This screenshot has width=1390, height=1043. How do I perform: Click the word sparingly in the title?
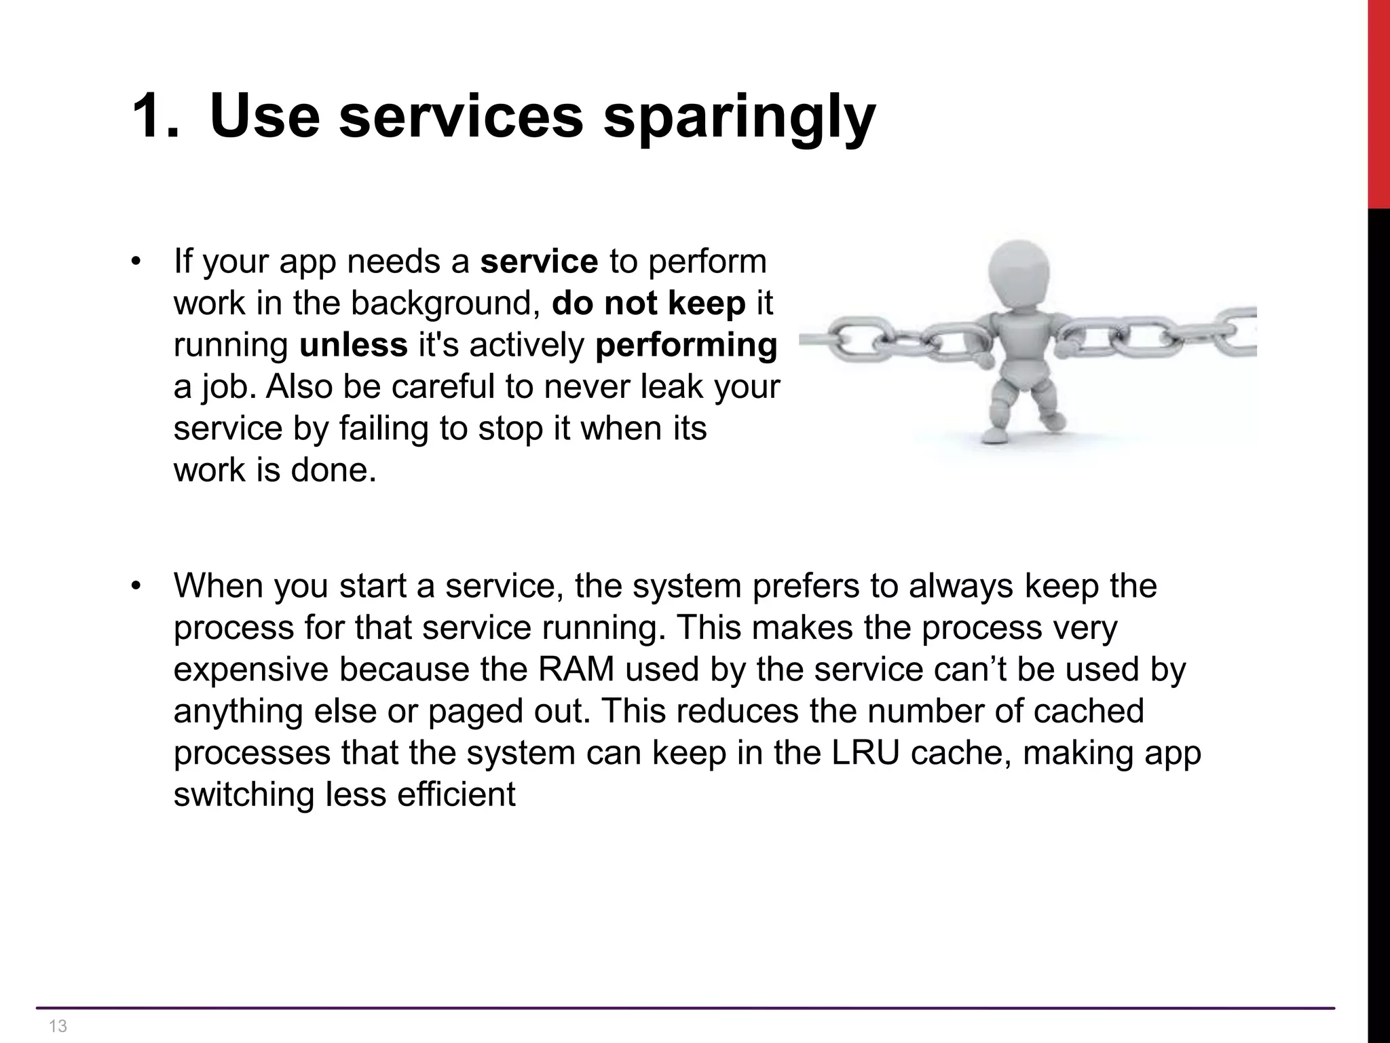coord(739,117)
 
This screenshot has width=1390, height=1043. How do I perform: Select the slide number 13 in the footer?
coord(58,1025)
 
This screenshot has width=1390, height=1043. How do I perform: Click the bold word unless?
coord(353,345)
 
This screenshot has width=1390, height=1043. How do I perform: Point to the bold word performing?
coord(685,345)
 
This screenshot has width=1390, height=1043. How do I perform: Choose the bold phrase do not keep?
coord(648,303)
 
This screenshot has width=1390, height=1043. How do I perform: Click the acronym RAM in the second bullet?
coord(576,670)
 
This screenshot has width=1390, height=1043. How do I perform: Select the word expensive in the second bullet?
coord(250,670)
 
